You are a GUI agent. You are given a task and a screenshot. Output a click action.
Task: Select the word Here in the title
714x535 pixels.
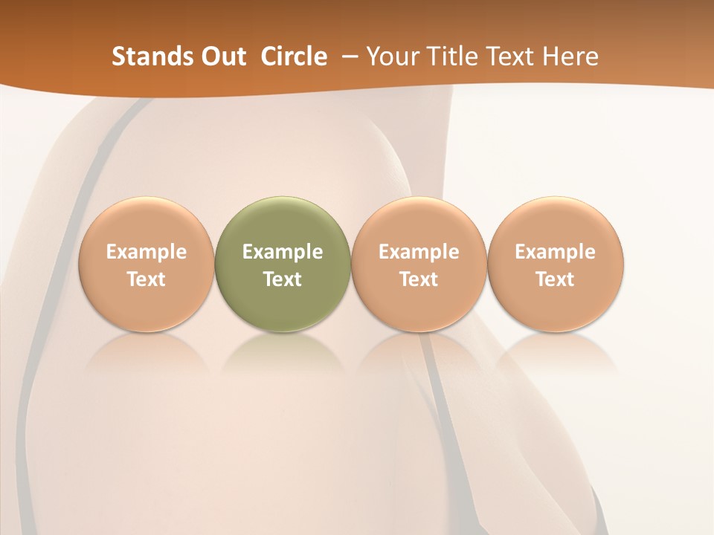[x=571, y=56]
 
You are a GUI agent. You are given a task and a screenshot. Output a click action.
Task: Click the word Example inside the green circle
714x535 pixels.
[x=283, y=252]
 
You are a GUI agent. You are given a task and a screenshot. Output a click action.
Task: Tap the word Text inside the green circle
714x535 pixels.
[x=283, y=279]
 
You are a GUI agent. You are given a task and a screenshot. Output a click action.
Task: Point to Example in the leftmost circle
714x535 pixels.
[x=147, y=252]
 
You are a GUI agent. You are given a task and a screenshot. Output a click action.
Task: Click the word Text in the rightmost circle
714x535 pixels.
[x=556, y=279]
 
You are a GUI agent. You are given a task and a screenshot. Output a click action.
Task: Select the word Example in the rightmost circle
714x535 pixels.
[x=556, y=252]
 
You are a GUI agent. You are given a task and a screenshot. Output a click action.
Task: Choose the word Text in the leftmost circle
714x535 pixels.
[x=147, y=279]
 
